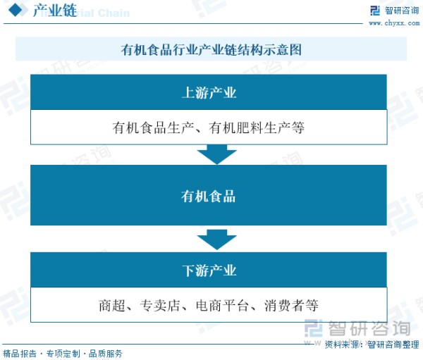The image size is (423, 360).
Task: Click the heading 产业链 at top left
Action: coord(55,11)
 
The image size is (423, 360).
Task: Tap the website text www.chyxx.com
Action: coord(394,23)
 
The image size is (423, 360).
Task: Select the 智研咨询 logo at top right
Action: coord(395,11)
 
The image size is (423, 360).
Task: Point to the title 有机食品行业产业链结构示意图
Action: coord(211,49)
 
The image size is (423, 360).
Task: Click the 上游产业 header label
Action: coord(209,92)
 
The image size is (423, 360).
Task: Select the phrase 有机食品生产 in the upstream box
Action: coord(153,128)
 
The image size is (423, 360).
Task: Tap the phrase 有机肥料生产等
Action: coord(257,128)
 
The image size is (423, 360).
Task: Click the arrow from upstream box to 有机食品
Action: coord(217,154)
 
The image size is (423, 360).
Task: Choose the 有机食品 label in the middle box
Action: coord(208,196)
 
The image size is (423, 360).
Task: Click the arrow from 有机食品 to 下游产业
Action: coord(217,240)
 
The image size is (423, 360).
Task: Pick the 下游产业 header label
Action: coord(209,271)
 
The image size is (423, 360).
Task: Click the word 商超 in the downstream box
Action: coord(112,306)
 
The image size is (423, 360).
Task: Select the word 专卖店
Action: coord(160,306)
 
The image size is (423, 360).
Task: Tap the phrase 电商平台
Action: coord(222,306)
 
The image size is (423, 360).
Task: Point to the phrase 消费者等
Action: coord(291,306)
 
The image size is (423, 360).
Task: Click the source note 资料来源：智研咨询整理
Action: coord(372,345)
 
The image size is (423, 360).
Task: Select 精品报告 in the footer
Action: coord(20,354)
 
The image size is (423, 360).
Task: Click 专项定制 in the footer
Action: coord(63,354)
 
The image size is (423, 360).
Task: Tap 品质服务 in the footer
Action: coord(106,354)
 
